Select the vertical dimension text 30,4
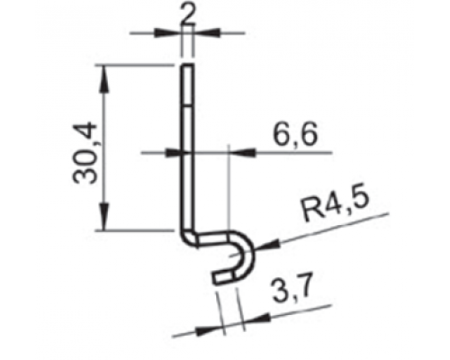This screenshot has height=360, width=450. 85,153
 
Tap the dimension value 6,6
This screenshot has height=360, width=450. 295,136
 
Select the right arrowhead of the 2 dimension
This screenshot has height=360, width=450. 207,32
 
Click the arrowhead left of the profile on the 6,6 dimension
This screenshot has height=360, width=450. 174,153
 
